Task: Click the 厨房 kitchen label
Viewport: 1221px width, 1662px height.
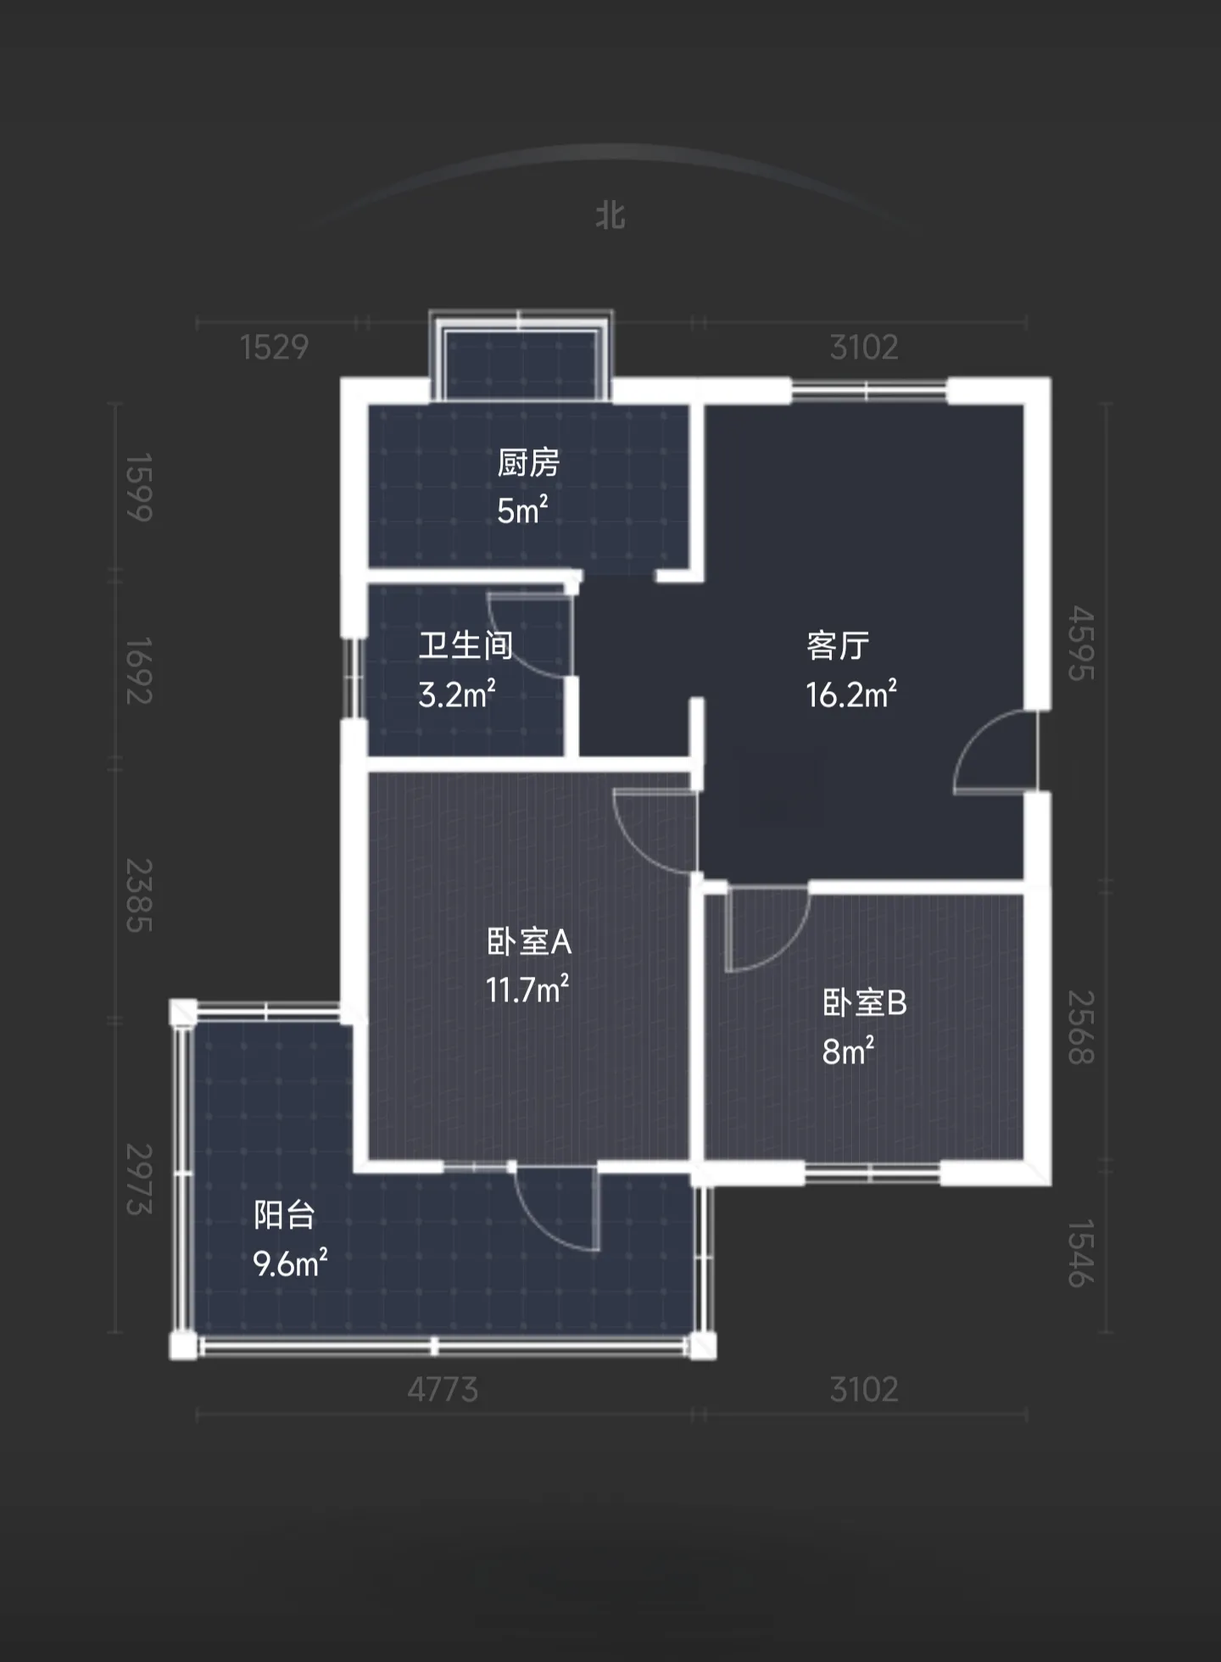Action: pyautogui.click(x=528, y=463)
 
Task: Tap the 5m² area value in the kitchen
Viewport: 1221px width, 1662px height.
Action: pyautogui.click(x=522, y=510)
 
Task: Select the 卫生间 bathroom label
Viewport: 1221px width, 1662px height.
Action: pyautogui.click(x=466, y=645)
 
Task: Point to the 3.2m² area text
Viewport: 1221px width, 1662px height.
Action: pyautogui.click(x=457, y=694)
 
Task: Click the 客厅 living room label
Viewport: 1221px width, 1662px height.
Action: pyautogui.click(x=838, y=645)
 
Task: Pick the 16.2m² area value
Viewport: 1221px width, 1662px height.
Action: pyautogui.click(x=851, y=694)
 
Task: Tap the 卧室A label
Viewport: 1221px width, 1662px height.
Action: pyautogui.click(x=529, y=941)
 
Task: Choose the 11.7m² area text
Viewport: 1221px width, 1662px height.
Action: pyautogui.click(x=527, y=990)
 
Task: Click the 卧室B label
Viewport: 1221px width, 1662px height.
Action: pyautogui.click(x=865, y=1003)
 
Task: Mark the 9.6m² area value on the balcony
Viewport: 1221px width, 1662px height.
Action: pyautogui.click(x=290, y=1263)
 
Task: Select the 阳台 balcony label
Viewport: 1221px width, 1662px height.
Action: pyautogui.click(x=285, y=1215)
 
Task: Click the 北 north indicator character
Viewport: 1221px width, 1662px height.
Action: pyautogui.click(x=610, y=215)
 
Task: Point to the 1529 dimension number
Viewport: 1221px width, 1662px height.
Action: pyautogui.click(x=274, y=348)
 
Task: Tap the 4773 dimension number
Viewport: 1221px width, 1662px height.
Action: pyautogui.click(x=443, y=1390)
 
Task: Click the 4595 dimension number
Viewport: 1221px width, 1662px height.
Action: pyautogui.click(x=1081, y=643)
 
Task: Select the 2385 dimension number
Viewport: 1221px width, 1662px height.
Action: pyautogui.click(x=139, y=895)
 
